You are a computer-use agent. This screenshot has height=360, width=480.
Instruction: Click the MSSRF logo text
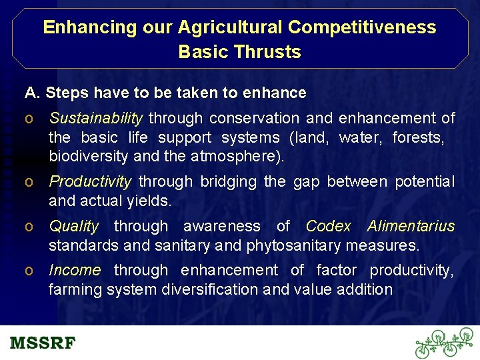[x=43, y=343]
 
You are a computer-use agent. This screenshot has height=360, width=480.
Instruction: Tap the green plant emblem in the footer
[x=445, y=343]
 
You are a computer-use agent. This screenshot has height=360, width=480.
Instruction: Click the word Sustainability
[x=96, y=119]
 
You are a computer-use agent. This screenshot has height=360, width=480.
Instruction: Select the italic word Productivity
[x=91, y=181]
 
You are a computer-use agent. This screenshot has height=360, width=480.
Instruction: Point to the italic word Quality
[x=74, y=227]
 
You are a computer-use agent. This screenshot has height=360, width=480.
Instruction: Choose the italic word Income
[x=75, y=270]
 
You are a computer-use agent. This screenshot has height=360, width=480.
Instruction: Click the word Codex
[x=328, y=227]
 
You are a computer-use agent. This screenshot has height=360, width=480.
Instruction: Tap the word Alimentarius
[x=411, y=227]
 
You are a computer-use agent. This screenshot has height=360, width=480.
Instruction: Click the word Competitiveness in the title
[x=361, y=27]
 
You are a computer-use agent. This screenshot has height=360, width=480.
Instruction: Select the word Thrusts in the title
[x=269, y=52]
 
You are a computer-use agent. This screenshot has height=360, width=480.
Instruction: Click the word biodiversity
[x=89, y=157]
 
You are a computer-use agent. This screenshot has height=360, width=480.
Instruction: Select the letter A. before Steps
[x=31, y=93]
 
